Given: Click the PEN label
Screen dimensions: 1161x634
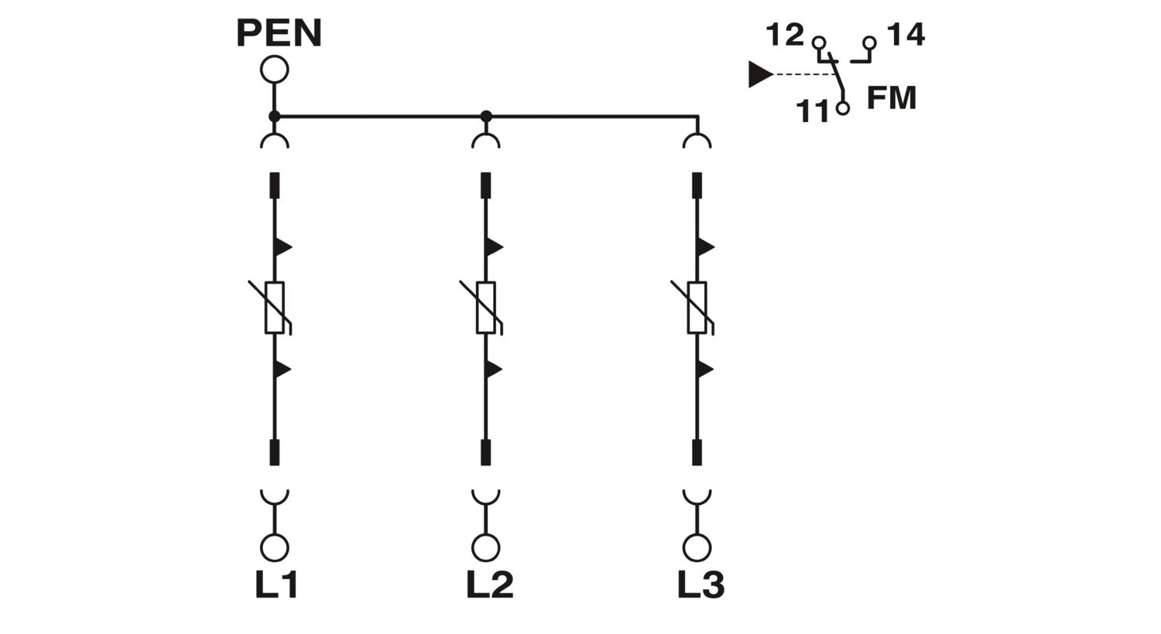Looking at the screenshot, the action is coord(279,33).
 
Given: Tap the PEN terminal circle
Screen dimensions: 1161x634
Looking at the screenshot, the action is coord(274,70).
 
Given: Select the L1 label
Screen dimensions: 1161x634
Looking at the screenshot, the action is coord(276,585).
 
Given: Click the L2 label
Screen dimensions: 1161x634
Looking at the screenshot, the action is coord(490,585).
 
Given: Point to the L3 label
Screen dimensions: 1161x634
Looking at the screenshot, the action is coord(700,585).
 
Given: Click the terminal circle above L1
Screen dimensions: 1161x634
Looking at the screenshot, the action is coord(274,547).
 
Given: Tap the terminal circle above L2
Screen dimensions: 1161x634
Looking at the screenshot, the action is coord(485,547).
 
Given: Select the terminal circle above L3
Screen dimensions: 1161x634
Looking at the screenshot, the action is coord(697,547).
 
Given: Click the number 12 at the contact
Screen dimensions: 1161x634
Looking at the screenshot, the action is coord(785,36).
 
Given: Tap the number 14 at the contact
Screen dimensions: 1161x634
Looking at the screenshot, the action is coord(906,35).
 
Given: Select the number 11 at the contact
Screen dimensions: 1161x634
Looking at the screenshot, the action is coord(813,111).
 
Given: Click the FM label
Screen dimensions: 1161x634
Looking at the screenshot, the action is coord(892,98).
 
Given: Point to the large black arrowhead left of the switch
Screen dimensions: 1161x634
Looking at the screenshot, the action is coord(761,74).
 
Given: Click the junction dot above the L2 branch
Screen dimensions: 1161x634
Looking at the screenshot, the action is coord(485,117).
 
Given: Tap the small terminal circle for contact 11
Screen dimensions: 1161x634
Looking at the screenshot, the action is coord(843,108).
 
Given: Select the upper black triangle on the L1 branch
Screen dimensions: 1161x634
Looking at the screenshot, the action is coord(283,247).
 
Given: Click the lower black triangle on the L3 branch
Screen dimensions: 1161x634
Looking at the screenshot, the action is coord(706,369).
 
